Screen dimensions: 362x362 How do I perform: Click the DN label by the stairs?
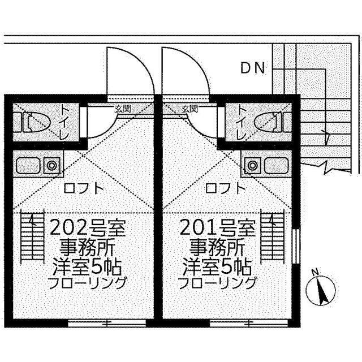pos(252,68)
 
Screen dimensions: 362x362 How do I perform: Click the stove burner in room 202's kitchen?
pos(53,166)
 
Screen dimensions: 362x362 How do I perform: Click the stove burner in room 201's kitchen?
pos(252,166)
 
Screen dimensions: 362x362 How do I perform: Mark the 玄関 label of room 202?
pos(122,109)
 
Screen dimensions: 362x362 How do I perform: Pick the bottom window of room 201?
pos(231,324)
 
